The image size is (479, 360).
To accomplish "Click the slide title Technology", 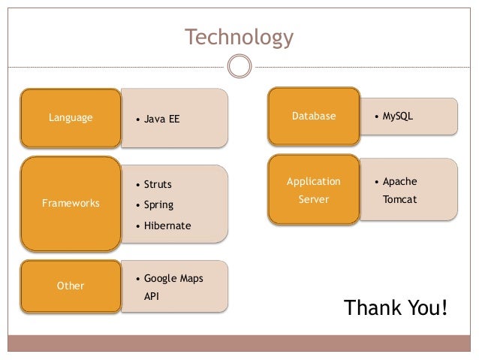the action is (239, 37).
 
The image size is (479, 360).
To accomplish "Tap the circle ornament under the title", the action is (239, 67).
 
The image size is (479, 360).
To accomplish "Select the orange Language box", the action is (71, 118).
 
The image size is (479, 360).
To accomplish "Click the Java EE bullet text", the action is (161, 119).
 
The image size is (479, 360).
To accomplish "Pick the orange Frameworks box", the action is (71, 204).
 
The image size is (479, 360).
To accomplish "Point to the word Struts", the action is (158, 184).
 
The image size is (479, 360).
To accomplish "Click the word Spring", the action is (158, 204).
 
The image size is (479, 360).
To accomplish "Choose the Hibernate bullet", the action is (167, 225).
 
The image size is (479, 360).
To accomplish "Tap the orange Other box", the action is (71, 286).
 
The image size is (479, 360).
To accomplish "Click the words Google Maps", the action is (173, 279).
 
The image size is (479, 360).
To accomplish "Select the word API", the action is (152, 297).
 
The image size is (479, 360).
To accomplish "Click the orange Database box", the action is (314, 116).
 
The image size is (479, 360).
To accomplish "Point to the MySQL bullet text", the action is (398, 116).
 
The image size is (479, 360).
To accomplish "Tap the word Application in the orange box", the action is (314, 181).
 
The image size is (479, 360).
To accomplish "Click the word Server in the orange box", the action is (314, 200).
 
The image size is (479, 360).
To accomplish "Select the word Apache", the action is (399, 181).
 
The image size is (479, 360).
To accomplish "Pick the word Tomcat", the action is (399, 200).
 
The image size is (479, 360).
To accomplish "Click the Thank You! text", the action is (395, 308).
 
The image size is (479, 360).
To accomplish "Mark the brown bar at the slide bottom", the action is (239, 343).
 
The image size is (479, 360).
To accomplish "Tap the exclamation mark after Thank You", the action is (444, 308).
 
